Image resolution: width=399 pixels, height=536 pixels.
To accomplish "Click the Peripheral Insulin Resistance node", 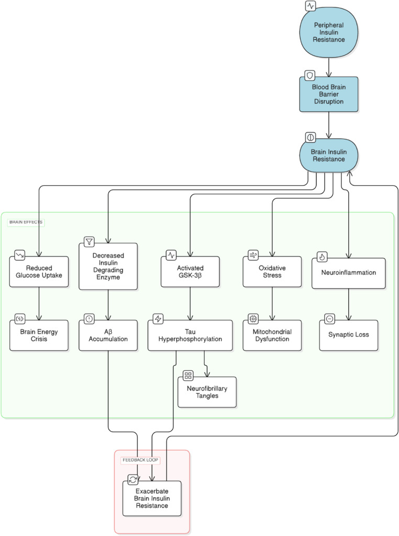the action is pos(329,33).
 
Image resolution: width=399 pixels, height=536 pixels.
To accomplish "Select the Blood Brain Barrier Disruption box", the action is pos(329,94).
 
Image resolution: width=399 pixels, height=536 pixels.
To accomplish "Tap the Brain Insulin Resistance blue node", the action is pos(329,156).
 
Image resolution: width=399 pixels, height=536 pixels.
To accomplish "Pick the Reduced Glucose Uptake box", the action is pos(39,272).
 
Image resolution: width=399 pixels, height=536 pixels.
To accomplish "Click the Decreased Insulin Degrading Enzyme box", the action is pos(108,266).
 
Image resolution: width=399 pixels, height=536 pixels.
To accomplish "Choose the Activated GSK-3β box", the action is pos(190,272).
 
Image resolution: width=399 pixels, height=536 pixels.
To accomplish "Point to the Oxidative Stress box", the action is pos(272,272).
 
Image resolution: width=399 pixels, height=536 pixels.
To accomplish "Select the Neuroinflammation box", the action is pos(349,273).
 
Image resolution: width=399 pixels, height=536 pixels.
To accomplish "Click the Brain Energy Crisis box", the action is pos(39,335).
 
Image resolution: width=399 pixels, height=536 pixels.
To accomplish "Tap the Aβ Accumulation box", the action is pos(108,335).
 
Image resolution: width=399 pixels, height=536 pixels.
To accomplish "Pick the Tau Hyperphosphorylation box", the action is pos(190,335).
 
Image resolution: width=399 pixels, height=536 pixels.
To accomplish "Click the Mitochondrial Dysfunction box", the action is pos(272,335).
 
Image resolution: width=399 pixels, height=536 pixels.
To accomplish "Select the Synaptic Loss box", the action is pos(349,335).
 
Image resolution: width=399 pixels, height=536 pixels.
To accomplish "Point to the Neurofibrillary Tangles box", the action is pos(207,392).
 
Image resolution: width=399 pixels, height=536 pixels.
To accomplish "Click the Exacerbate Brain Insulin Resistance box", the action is pos(152,498).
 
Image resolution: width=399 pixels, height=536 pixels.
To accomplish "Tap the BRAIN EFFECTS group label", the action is pos(26,222).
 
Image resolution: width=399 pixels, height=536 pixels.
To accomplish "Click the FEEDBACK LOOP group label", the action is pos(140,460).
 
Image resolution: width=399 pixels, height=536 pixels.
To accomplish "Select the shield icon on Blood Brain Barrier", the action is pos(310,76).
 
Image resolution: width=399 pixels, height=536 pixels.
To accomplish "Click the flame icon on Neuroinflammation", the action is pos(322,256).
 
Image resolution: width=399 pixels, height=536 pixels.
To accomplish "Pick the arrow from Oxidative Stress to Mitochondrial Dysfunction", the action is pos(272,304).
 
